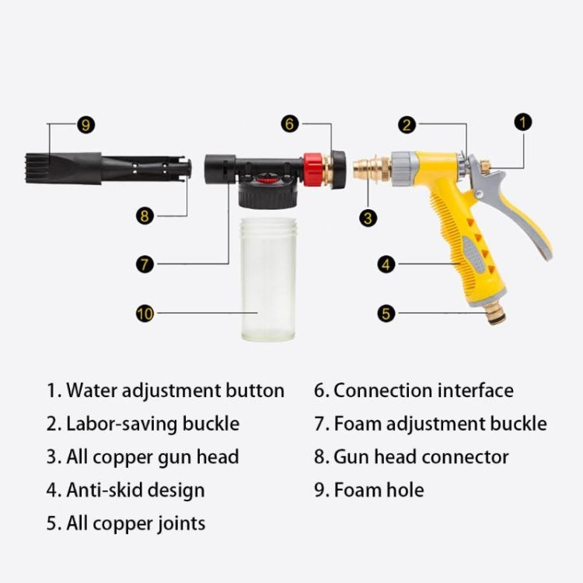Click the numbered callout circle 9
86,124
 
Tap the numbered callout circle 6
290,124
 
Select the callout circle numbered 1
523,122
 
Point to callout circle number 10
145,313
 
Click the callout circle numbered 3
368,218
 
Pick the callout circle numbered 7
145,264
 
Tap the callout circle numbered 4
386,264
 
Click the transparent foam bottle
268,279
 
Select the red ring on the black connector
313,169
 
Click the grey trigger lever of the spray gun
509,208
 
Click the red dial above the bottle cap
266,180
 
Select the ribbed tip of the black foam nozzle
37,168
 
